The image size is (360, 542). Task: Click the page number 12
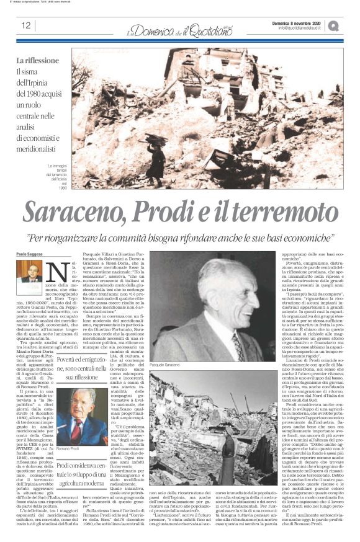pyautogui.click(x=27, y=26)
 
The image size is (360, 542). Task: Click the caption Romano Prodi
pyautogui.click(x=67, y=448)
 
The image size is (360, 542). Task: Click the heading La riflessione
pyautogui.click(x=38, y=61)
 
